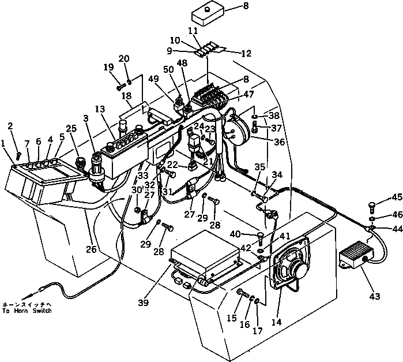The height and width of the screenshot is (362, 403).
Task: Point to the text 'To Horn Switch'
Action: coord(27,311)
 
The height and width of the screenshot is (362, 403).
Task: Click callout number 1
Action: coord(3,143)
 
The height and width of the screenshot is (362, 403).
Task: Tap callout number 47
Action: coord(265,94)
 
